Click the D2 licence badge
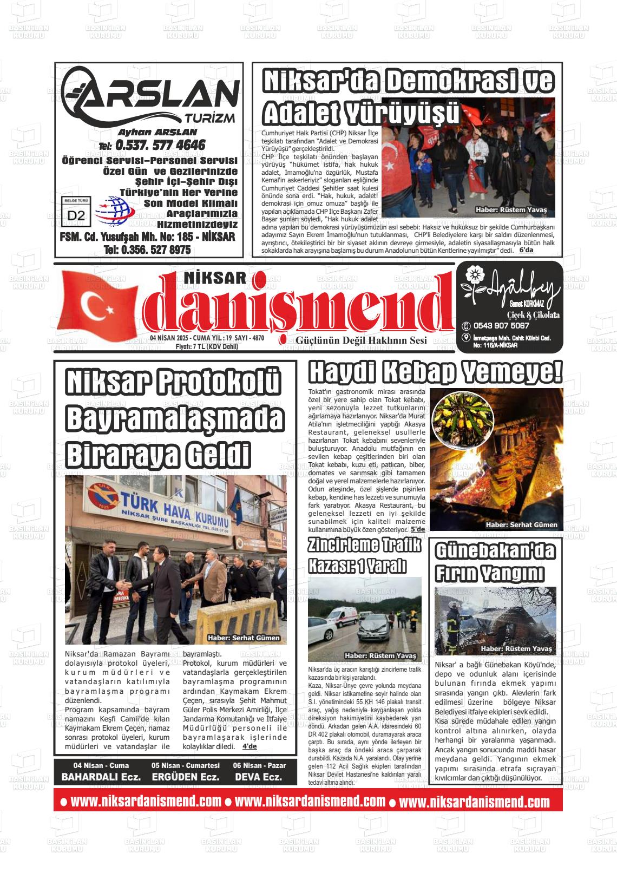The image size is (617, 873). [77, 214]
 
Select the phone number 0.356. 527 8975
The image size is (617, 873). [147, 250]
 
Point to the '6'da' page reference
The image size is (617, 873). [526, 250]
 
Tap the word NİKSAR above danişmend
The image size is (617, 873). [215, 278]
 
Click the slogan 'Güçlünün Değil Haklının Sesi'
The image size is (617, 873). [361, 340]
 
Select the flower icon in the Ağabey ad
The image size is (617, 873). [473, 274]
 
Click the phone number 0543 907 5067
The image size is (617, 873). [501, 326]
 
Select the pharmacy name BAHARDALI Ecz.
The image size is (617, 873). [101, 777]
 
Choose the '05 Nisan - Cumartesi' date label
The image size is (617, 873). [186, 765]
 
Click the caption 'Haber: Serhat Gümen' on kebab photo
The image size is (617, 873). [521, 524]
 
